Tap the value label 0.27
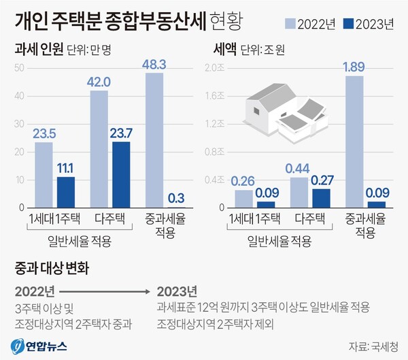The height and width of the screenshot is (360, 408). pos(322,180)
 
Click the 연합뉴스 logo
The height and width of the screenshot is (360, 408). pos(39,344)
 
